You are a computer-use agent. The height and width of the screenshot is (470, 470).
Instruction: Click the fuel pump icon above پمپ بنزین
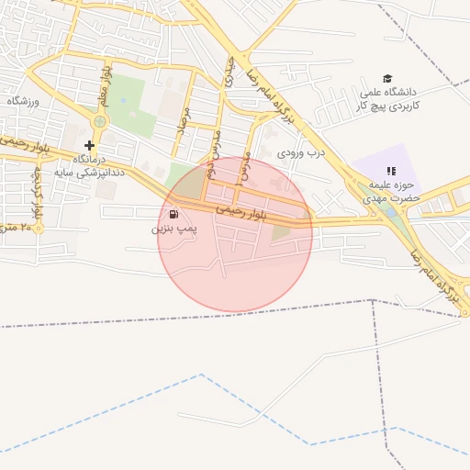(x=174, y=214)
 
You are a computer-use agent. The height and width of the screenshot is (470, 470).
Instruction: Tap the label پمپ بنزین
(x=173, y=227)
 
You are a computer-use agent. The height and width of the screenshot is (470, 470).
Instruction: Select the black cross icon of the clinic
(x=89, y=145)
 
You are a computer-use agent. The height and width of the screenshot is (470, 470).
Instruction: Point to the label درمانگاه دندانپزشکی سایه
(x=89, y=165)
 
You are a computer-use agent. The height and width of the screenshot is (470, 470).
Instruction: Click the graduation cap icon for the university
(x=387, y=80)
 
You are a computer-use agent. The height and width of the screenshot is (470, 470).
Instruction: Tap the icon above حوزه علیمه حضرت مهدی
(x=391, y=171)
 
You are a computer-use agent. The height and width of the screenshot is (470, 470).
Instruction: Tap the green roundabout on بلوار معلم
(x=99, y=121)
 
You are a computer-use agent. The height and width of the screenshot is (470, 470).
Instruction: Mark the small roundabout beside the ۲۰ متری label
(x=38, y=227)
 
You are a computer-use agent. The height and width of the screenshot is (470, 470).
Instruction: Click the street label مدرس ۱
(x=241, y=168)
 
